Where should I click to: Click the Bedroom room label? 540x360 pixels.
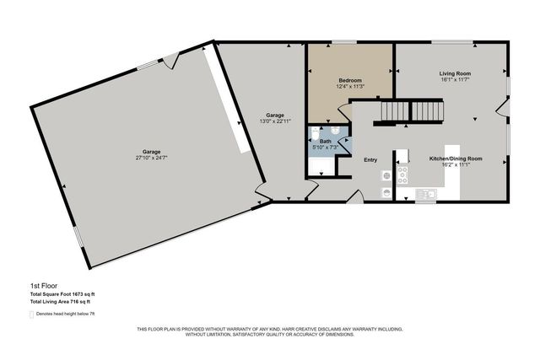coord(349,80)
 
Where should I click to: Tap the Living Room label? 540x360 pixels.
coord(454,73)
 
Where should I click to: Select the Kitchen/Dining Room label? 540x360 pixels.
coord(456,159)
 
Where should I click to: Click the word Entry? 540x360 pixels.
coord(370,159)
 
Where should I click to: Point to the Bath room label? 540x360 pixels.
coord(325,141)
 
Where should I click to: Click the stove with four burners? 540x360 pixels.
coord(403,175)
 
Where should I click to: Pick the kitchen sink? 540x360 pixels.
coord(427,196)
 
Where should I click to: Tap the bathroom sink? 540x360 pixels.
coord(335,131)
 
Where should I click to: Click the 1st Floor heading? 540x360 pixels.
coord(42,286)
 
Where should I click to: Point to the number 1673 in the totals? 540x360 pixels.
coord(81,293)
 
